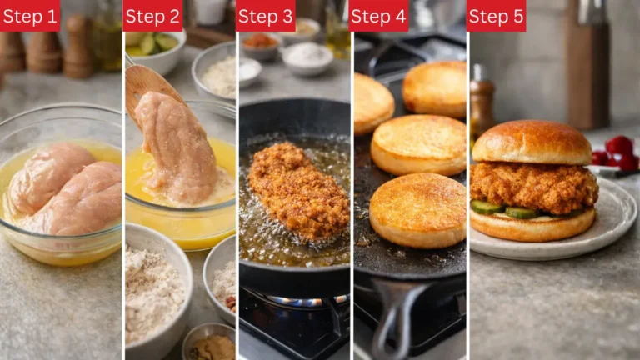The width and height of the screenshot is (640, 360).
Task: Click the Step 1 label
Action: pos(30,16)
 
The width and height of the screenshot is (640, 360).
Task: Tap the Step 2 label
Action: pos(152,16)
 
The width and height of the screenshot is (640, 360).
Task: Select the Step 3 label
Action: pos(265,16)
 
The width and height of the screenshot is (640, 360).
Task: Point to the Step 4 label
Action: pos(378,16)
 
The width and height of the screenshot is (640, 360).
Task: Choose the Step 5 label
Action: pos(496,16)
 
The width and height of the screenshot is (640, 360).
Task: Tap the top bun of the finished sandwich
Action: pos(532,142)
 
